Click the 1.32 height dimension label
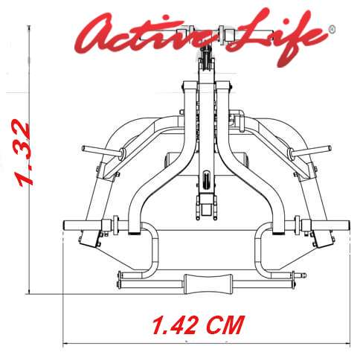(23, 153)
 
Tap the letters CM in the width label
(225, 324)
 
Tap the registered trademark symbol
(332, 29)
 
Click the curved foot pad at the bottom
(208, 284)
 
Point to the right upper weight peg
(310, 151)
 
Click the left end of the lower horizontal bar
(65, 226)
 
